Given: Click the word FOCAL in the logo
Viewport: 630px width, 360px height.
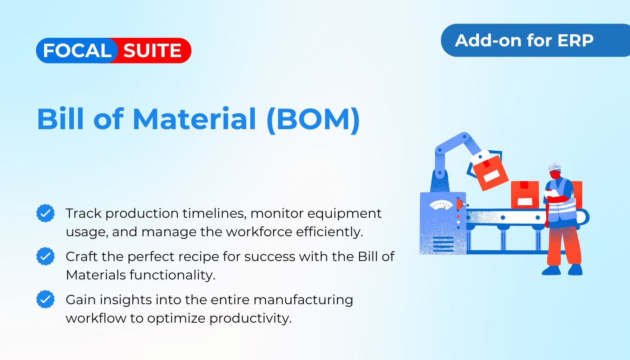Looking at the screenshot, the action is [x=77, y=50].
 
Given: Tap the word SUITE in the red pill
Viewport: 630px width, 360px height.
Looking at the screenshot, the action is [x=152, y=50].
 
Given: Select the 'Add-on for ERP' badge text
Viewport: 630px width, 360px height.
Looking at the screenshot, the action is [x=524, y=40].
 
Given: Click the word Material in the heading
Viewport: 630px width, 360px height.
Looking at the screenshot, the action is [x=194, y=119].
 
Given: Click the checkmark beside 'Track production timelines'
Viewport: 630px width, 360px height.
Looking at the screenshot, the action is [x=45, y=213].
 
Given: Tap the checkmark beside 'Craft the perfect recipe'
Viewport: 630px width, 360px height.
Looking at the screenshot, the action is [x=45, y=256].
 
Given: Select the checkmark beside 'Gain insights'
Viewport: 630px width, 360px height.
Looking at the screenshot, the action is [x=45, y=299].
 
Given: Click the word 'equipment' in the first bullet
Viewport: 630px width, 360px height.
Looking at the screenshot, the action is [x=344, y=214].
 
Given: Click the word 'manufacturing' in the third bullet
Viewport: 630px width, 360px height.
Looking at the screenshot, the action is [x=303, y=300].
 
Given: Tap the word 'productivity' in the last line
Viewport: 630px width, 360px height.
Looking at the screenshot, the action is [x=250, y=319].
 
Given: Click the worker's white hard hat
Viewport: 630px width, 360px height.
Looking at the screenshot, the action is [x=554, y=166].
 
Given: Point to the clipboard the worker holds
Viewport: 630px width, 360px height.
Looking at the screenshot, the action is [x=551, y=193].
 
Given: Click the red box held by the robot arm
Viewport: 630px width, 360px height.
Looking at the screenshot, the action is [x=490, y=173].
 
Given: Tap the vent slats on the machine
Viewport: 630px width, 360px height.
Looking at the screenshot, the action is [x=443, y=244].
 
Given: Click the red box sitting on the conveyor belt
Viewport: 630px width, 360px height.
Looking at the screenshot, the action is [x=525, y=195].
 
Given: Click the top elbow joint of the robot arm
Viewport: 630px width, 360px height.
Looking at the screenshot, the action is [x=464, y=137].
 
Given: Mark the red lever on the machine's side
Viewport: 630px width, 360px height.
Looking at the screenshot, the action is [x=460, y=204].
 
